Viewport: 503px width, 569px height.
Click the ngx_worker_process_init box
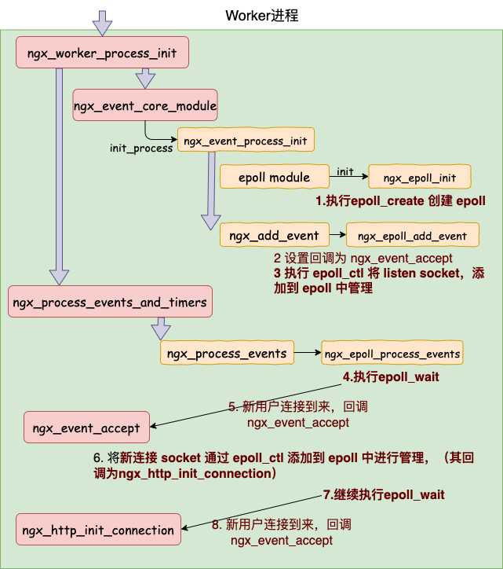click(x=102, y=52)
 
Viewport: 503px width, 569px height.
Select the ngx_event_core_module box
click(x=145, y=105)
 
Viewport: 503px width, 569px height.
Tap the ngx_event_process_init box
click(x=246, y=140)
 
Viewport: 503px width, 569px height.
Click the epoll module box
click(x=275, y=177)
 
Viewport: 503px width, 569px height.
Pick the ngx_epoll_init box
click(x=420, y=177)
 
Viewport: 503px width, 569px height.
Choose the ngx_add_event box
click(x=275, y=235)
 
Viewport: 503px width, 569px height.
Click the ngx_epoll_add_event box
click(x=413, y=235)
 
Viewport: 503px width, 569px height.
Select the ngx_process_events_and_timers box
click(x=110, y=302)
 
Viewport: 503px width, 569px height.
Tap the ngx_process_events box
click(x=227, y=352)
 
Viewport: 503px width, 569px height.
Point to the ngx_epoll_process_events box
click(x=392, y=352)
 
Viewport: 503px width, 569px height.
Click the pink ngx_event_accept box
click(x=86, y=427)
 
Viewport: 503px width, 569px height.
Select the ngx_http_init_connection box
click(x=98, y=529)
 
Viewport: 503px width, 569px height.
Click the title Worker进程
click(x=261, y=16)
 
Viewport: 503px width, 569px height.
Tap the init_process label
click(x=141, y=148)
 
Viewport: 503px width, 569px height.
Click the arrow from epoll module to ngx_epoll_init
click(x=348, y=176)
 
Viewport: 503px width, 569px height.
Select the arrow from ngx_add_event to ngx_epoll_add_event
click(x=337, y=234)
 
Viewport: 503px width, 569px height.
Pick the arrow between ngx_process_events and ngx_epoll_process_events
click(x=308, y=352)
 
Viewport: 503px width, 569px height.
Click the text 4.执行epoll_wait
click(x=391, y=376)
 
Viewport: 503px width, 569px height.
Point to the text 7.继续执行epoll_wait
click(x=384, y=494)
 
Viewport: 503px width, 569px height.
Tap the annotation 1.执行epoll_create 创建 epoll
click(x=400, y=200)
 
